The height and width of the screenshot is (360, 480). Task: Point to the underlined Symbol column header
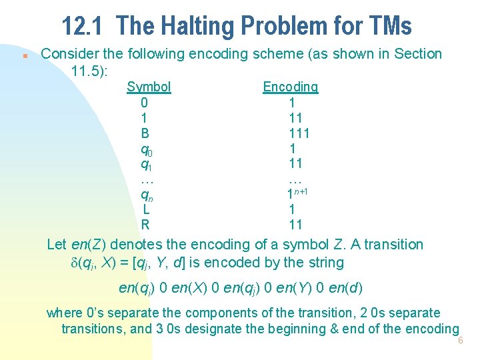click(149, 87)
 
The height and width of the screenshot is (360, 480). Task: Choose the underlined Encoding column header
click(290, 87)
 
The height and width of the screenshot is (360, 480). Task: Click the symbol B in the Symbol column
click(145, 133)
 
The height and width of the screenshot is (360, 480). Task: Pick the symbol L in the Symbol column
click(145, 209)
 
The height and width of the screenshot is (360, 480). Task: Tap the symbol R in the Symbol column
click(145, 224)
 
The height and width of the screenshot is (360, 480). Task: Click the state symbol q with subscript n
click(145, 195)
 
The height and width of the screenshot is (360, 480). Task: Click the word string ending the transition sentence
click(324, 262)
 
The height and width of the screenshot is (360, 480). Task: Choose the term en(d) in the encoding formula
click(349, 288)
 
